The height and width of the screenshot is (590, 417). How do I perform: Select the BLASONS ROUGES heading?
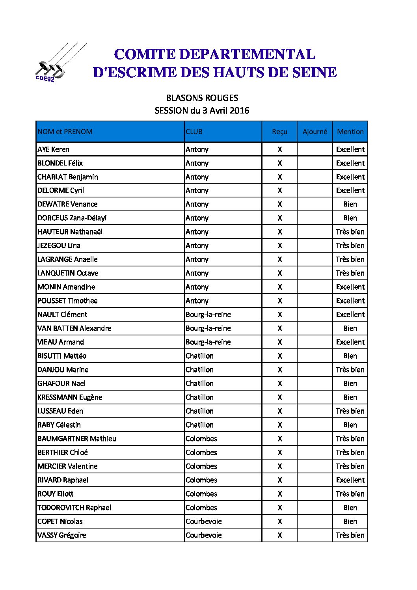pyautogui.click(x=202, y=98)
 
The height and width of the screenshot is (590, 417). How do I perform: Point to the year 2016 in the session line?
pyautogui.click(x=239, y=111)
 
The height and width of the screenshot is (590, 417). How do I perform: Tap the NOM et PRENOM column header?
pyautogui.click(x=65, y=132)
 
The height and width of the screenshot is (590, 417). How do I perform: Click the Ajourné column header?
pyautogui.click(x=315, y=132)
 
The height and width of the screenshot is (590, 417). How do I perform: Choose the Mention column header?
pyautogui.click(x=350, y=132)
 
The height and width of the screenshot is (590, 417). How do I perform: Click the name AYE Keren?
pyautogui.click(x=53, y=149)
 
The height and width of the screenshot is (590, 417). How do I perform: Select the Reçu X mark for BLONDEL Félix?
pyautogui.click(x=279, y=163)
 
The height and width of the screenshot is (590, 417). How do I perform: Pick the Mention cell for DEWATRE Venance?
pyautogui.click(x=350, y=204)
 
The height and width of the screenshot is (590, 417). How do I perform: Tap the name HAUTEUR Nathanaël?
pyautogui.click(x=70, y=232)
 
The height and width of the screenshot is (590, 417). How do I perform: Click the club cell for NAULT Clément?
pyautogui.click(x=208, y=315)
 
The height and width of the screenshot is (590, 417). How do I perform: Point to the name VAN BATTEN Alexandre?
pyautogui.click(x=74, y=328)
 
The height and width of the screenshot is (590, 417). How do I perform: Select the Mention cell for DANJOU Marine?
pyautogui.click(x=350, y=370)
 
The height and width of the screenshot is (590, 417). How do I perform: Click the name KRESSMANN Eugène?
pyautogui.click(x=70, y=397)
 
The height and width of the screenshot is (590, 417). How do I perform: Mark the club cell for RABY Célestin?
pyautogui.click(x=199, y=425)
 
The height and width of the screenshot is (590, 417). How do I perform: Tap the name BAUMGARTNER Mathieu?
pyautogui.click(x=77, y=439)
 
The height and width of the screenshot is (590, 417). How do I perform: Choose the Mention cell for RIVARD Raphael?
pyautogui.click(x=350, y=480)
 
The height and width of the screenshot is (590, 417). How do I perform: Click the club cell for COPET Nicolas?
pyautogui.click(x=203, y=521)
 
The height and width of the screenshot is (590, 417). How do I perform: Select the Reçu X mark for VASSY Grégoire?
pyautogui.click(x=279, y=535)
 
